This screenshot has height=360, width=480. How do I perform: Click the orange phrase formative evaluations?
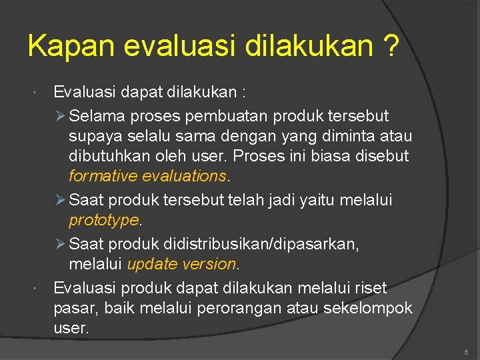(147, 177)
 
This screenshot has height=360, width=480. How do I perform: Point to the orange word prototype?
(103, 220)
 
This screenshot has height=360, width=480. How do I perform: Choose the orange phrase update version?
(181, 264)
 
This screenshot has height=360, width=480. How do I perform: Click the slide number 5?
(466, 351)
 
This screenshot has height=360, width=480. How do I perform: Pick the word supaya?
(91, 136)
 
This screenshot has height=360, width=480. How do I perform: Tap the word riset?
(371, 287)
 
